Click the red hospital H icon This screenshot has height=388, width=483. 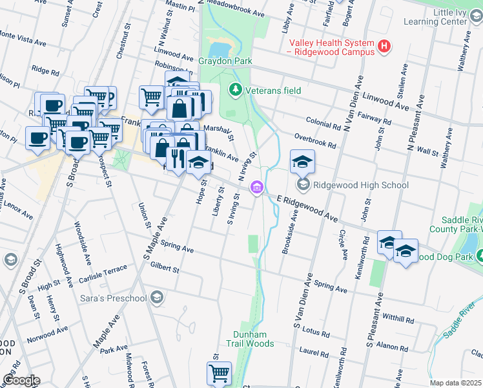click(384, 46)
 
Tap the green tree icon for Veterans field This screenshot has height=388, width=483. click(236, 90)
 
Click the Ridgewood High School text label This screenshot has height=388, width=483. click(361, 186)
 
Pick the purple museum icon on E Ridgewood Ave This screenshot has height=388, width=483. click(257, 188)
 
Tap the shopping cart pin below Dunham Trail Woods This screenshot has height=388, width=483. click(219, 372)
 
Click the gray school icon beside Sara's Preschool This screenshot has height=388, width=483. click(156, 297)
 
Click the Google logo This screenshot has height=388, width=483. click(21, 380)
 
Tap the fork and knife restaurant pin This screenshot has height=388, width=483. click(177, 156)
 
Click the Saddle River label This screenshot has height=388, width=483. click(459, 326)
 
